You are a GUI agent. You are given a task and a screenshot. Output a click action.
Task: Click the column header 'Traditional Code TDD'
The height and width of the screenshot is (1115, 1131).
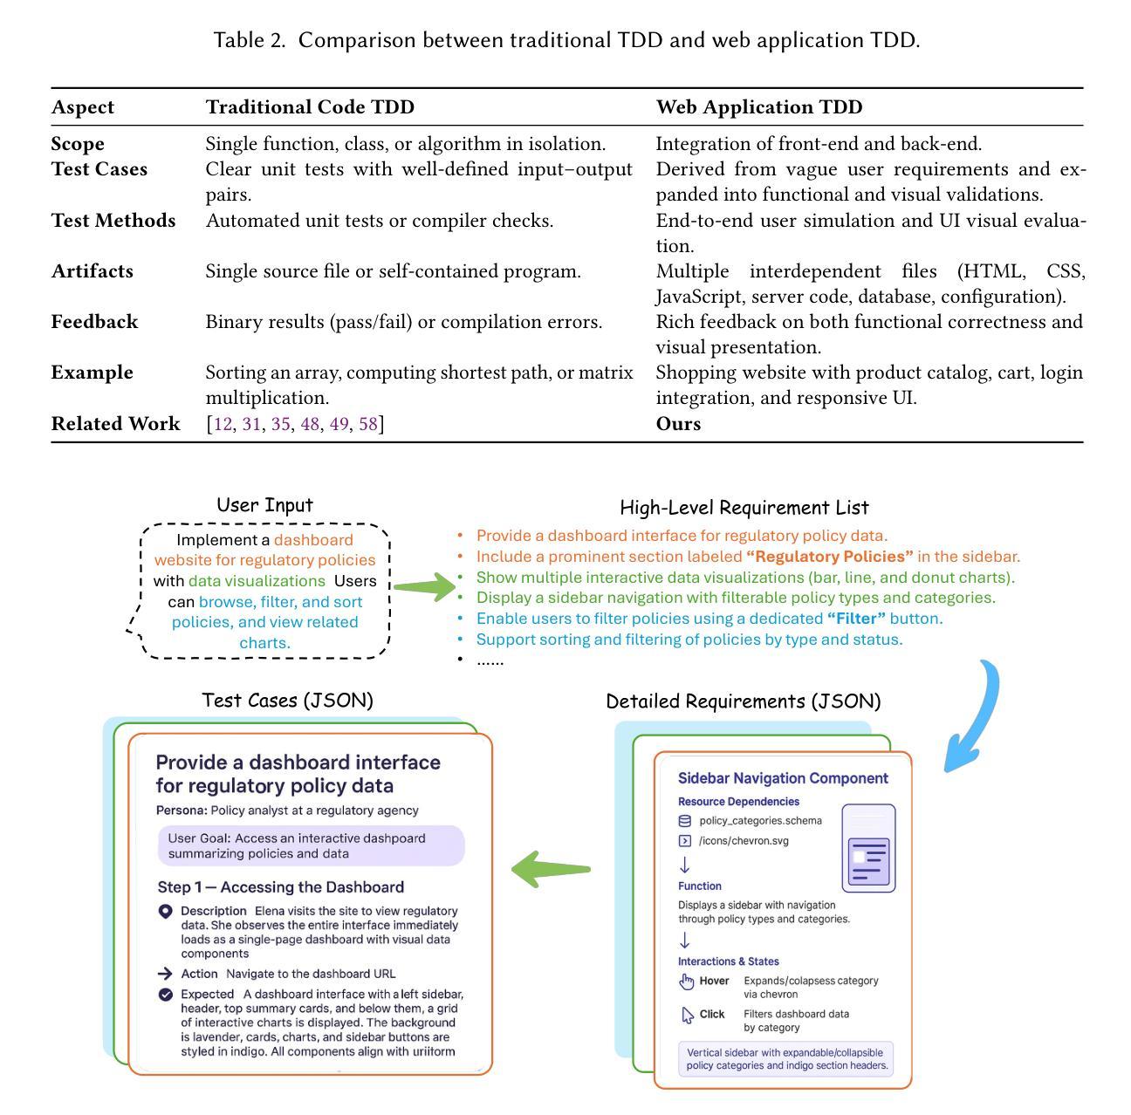(310, 107)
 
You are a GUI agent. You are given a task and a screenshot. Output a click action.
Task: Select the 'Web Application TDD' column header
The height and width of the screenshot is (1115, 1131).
(758, 107)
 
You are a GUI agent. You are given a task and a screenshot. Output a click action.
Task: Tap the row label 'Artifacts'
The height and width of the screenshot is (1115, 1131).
(93, 271)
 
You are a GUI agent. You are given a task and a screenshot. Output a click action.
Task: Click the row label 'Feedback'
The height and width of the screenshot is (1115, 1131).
(94, 322)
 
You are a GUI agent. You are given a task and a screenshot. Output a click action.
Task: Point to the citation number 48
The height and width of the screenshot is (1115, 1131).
(310, 424)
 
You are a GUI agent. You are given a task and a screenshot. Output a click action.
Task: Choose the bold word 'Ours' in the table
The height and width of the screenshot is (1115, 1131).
(678, 424)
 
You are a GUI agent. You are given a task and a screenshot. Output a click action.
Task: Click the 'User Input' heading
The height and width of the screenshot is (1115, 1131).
(264, 505)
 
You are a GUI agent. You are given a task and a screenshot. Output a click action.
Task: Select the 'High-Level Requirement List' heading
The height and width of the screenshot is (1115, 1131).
(744, 508)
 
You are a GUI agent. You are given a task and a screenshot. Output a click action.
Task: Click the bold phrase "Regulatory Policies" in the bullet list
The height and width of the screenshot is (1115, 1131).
(829, 557)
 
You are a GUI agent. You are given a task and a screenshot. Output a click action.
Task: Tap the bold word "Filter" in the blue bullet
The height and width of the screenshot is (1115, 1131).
(856, 619)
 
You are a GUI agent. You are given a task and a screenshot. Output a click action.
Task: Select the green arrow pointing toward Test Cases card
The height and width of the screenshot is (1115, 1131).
(551, 869)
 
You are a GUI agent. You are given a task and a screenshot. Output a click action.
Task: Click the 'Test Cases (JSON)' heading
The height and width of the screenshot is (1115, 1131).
(287, 701)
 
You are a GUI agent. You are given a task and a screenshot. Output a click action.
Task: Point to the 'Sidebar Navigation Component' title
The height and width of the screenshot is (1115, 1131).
(783, 778)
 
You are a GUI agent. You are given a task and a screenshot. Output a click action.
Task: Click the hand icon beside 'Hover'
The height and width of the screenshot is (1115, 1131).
(687, 982)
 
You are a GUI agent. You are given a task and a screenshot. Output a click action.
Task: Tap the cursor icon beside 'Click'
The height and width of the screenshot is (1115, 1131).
(688, 1016)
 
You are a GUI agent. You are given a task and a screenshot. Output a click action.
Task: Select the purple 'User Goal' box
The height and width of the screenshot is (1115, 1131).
(311, 846)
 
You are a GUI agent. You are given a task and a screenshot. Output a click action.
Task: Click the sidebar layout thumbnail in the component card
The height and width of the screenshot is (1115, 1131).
(868, 848)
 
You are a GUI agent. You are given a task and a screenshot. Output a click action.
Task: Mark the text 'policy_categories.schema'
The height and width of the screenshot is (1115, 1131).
(760, 821)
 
